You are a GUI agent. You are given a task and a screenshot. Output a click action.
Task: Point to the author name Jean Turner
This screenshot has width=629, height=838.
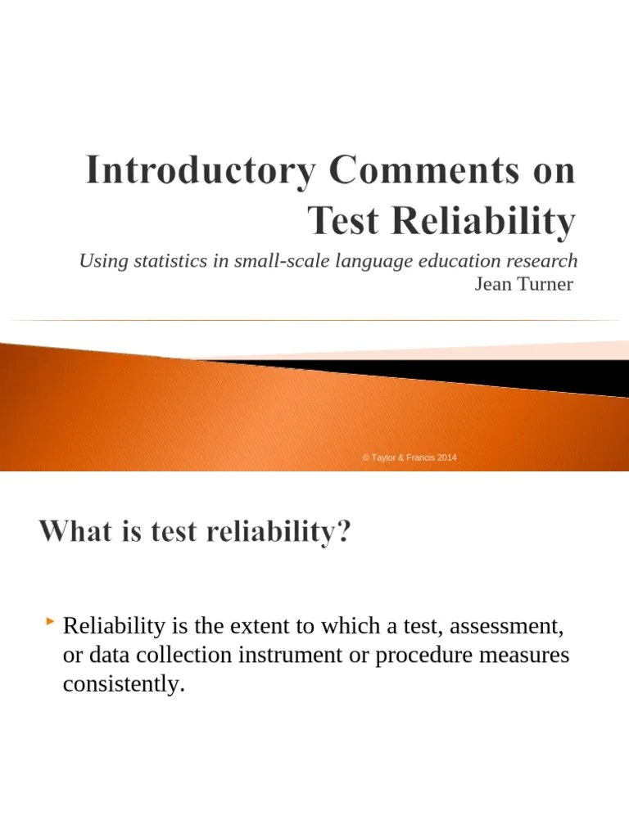coord(524,284)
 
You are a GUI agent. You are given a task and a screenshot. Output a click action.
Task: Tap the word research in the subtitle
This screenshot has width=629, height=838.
coord(542,261)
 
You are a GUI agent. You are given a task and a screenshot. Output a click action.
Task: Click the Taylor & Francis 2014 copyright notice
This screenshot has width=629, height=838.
coord(410,457)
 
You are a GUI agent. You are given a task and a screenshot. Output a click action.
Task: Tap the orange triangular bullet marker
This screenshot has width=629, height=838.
coord(51,625)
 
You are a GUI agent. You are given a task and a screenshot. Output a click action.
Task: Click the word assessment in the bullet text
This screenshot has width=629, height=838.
coord(507,628)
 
